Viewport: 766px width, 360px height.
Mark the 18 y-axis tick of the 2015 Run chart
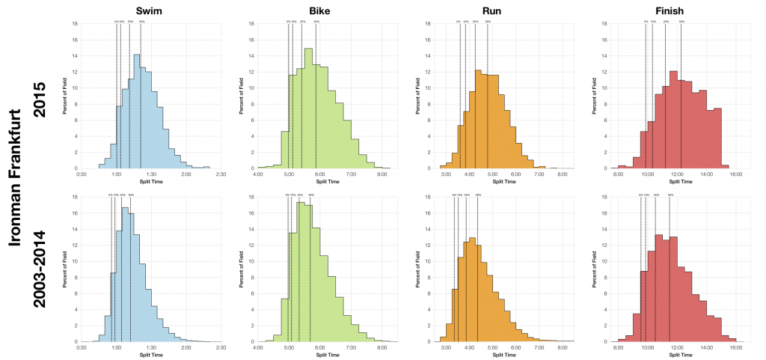click(x=426, y=23)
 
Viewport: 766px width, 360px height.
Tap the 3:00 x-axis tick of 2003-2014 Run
click(x=446, y=348)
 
